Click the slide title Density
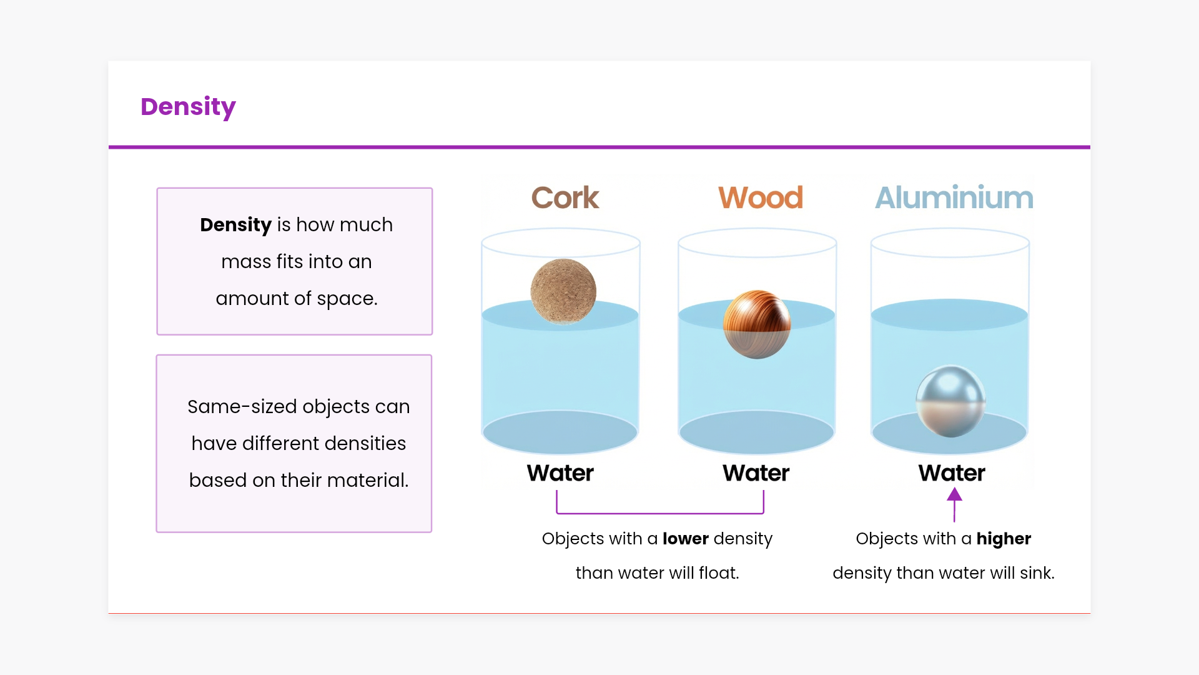point(188,107)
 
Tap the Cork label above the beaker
point(565,197)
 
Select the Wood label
point(761,197)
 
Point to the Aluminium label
point(954,197)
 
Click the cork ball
point(563,291)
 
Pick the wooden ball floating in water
point(757,324)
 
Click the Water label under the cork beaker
point(560,473)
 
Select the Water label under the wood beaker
point(756,473)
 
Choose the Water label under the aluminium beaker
point(952,473)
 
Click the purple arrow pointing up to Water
point(954,505)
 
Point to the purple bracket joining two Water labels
point(660,513)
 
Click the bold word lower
point(686,539)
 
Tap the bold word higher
point(1004,539)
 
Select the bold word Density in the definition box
point(235,225)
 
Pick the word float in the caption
point(719,572)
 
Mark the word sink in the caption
point(1037,572)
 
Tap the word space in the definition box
point(347,299)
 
